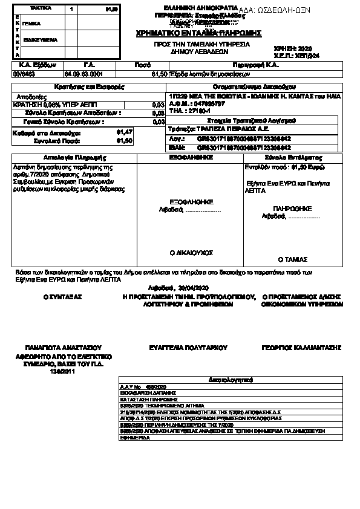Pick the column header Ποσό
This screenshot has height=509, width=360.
click(142, 65)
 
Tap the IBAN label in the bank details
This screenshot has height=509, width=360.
click(175, 147)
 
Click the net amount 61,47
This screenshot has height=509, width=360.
click(123, 132)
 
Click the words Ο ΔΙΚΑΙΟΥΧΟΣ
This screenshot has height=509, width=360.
click(190, 251)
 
